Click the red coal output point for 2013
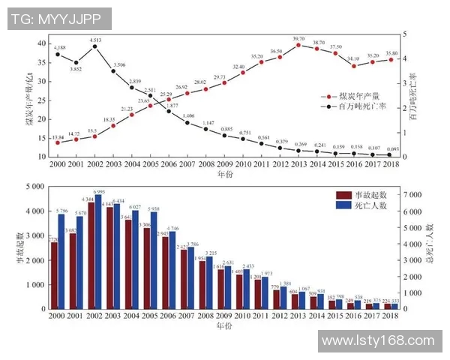(298, 45)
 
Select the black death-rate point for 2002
(94, 46)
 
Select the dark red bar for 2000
(54, 274)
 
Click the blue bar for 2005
(154, 260)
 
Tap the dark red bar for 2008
(201, 285)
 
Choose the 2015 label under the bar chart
(334, 317)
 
